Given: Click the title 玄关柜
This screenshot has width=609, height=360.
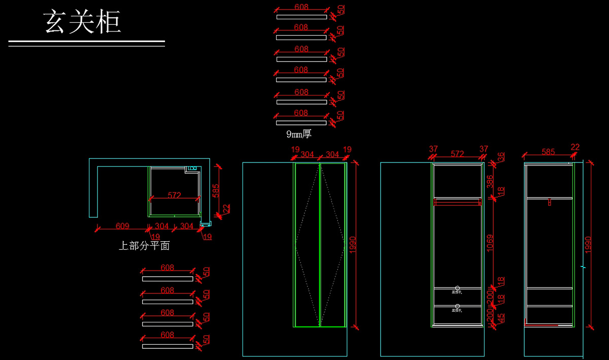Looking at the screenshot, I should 82,22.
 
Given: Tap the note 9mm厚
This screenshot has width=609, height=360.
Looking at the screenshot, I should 298,134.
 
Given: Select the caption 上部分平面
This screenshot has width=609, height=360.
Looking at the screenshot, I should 144,246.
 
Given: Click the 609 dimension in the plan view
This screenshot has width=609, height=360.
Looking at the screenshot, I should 122,226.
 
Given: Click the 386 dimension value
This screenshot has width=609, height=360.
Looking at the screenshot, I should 490,182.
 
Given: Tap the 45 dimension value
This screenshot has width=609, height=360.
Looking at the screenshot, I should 501,318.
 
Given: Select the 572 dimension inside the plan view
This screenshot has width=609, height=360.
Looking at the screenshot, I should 174,195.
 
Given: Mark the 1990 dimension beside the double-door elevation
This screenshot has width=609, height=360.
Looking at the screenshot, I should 352,245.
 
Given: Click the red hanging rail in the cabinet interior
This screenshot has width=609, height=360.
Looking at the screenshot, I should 457,203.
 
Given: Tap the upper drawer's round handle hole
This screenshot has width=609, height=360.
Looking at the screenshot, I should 458,288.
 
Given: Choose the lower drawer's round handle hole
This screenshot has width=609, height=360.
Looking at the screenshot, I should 458,306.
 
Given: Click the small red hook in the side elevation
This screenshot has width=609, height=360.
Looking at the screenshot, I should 549,202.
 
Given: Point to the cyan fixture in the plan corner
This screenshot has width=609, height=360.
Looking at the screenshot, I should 193,168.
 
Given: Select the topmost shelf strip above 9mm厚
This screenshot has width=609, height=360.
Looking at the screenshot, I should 301,17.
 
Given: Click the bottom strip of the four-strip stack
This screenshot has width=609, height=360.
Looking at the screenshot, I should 167,346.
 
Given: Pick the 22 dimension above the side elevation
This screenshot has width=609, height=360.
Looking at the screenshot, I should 574,147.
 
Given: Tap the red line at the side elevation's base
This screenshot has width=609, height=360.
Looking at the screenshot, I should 541,325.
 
